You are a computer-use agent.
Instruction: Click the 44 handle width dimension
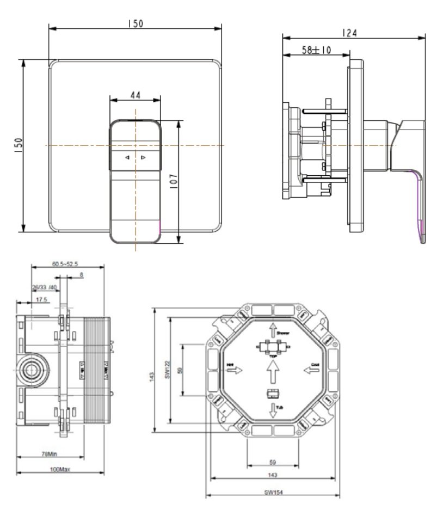click(135, 95)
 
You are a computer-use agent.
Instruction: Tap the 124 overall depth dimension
click(350, 33)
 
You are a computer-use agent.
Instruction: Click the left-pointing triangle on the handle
click(127, 158)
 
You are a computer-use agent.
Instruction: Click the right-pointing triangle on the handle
click(143, 158)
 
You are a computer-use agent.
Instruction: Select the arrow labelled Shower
click(273, 330)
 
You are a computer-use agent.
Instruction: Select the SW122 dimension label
click(169, 370)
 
